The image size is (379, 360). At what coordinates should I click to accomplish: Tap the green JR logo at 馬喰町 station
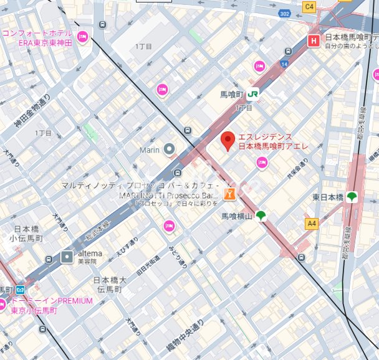pos(253,93)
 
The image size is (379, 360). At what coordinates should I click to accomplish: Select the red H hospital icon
pos(314,41)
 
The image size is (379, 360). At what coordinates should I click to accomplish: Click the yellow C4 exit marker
pos(309,6)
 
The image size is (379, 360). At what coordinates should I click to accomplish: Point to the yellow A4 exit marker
pos(311,222)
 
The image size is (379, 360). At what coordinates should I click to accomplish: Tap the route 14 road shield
pos(284,64)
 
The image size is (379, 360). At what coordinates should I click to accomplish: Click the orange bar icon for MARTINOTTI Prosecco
pos(230,194)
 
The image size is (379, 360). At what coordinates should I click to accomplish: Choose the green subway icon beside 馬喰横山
pos(260,216)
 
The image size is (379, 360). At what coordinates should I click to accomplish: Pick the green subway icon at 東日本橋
pos(352,197)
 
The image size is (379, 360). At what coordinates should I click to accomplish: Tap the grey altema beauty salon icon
pos(67,256)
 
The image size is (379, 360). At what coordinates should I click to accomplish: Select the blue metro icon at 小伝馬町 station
pos(20,290)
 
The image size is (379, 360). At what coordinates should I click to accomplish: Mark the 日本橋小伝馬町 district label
pos(25,233)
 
